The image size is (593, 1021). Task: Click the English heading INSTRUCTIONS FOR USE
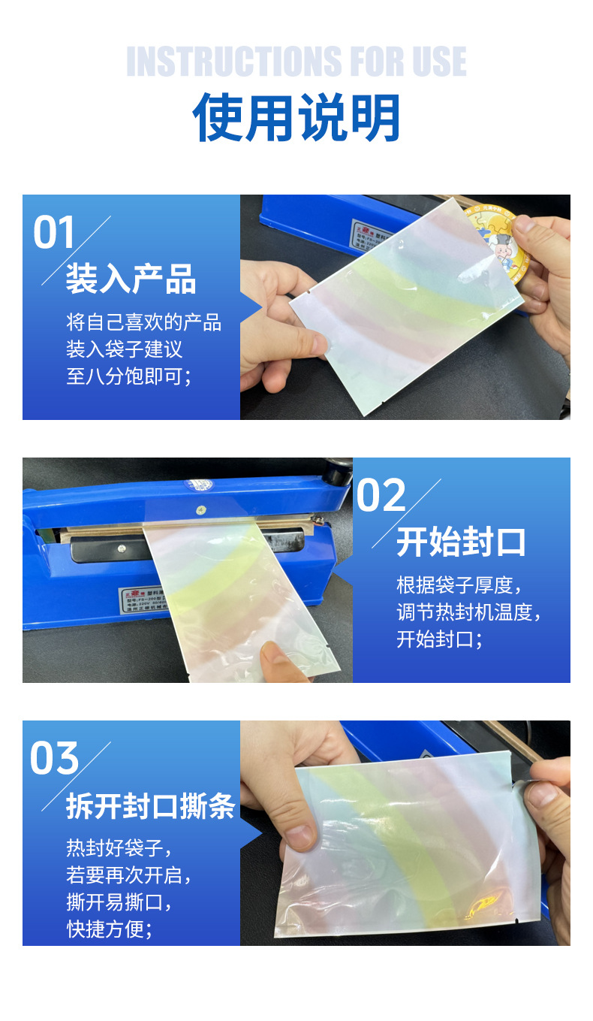tap(296, 62)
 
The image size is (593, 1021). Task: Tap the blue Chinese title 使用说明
tap(296, 119)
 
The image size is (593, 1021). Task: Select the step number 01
tap(54, 232)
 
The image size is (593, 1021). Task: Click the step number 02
tap(381, 495)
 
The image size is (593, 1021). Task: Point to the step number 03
tap(54, 758)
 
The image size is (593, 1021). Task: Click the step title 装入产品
tap(131, 279)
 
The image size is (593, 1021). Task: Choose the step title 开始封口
tap(461, 542)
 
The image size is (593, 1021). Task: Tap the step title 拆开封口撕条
tap(150, 806)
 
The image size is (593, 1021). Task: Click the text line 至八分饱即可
tap(128, 376)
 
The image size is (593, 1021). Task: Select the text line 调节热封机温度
tap(468, 612)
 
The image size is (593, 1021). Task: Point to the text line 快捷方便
tap(110, 929)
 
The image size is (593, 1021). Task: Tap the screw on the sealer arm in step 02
tap(200, 511)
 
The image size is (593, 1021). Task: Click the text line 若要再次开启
tap(128, 875)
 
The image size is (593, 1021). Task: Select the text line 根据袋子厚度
tap(459, 585)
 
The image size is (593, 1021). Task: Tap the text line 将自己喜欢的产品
tap(143, 323)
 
